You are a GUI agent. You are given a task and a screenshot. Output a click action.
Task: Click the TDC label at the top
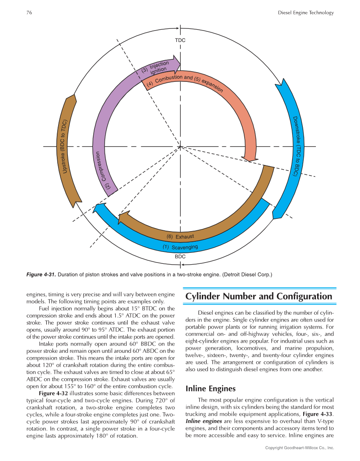coord(180,40)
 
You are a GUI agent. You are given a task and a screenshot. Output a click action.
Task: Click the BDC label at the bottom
coord(180,257)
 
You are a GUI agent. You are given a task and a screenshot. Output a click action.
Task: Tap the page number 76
coord(29,13)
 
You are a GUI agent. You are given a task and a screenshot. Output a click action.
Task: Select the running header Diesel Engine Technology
coord(306,13)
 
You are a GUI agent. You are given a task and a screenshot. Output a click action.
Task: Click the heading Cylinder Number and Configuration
coord(259,296)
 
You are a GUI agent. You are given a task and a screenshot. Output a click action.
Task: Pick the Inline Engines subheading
coord(210,389)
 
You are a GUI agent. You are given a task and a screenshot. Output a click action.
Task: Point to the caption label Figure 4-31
coord(41,274)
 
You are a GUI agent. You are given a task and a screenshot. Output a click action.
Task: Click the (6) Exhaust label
coord(180,236)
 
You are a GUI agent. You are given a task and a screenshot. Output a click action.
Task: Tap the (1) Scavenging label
coord(180,247)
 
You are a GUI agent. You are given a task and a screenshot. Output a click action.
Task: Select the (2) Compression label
coord(103,170)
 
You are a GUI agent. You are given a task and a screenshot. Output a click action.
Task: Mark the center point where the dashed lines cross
coord(180,147)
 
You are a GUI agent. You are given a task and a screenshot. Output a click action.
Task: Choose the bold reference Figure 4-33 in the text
coord(318,413)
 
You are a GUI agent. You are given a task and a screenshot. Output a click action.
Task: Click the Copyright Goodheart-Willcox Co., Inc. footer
coord(299,447)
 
